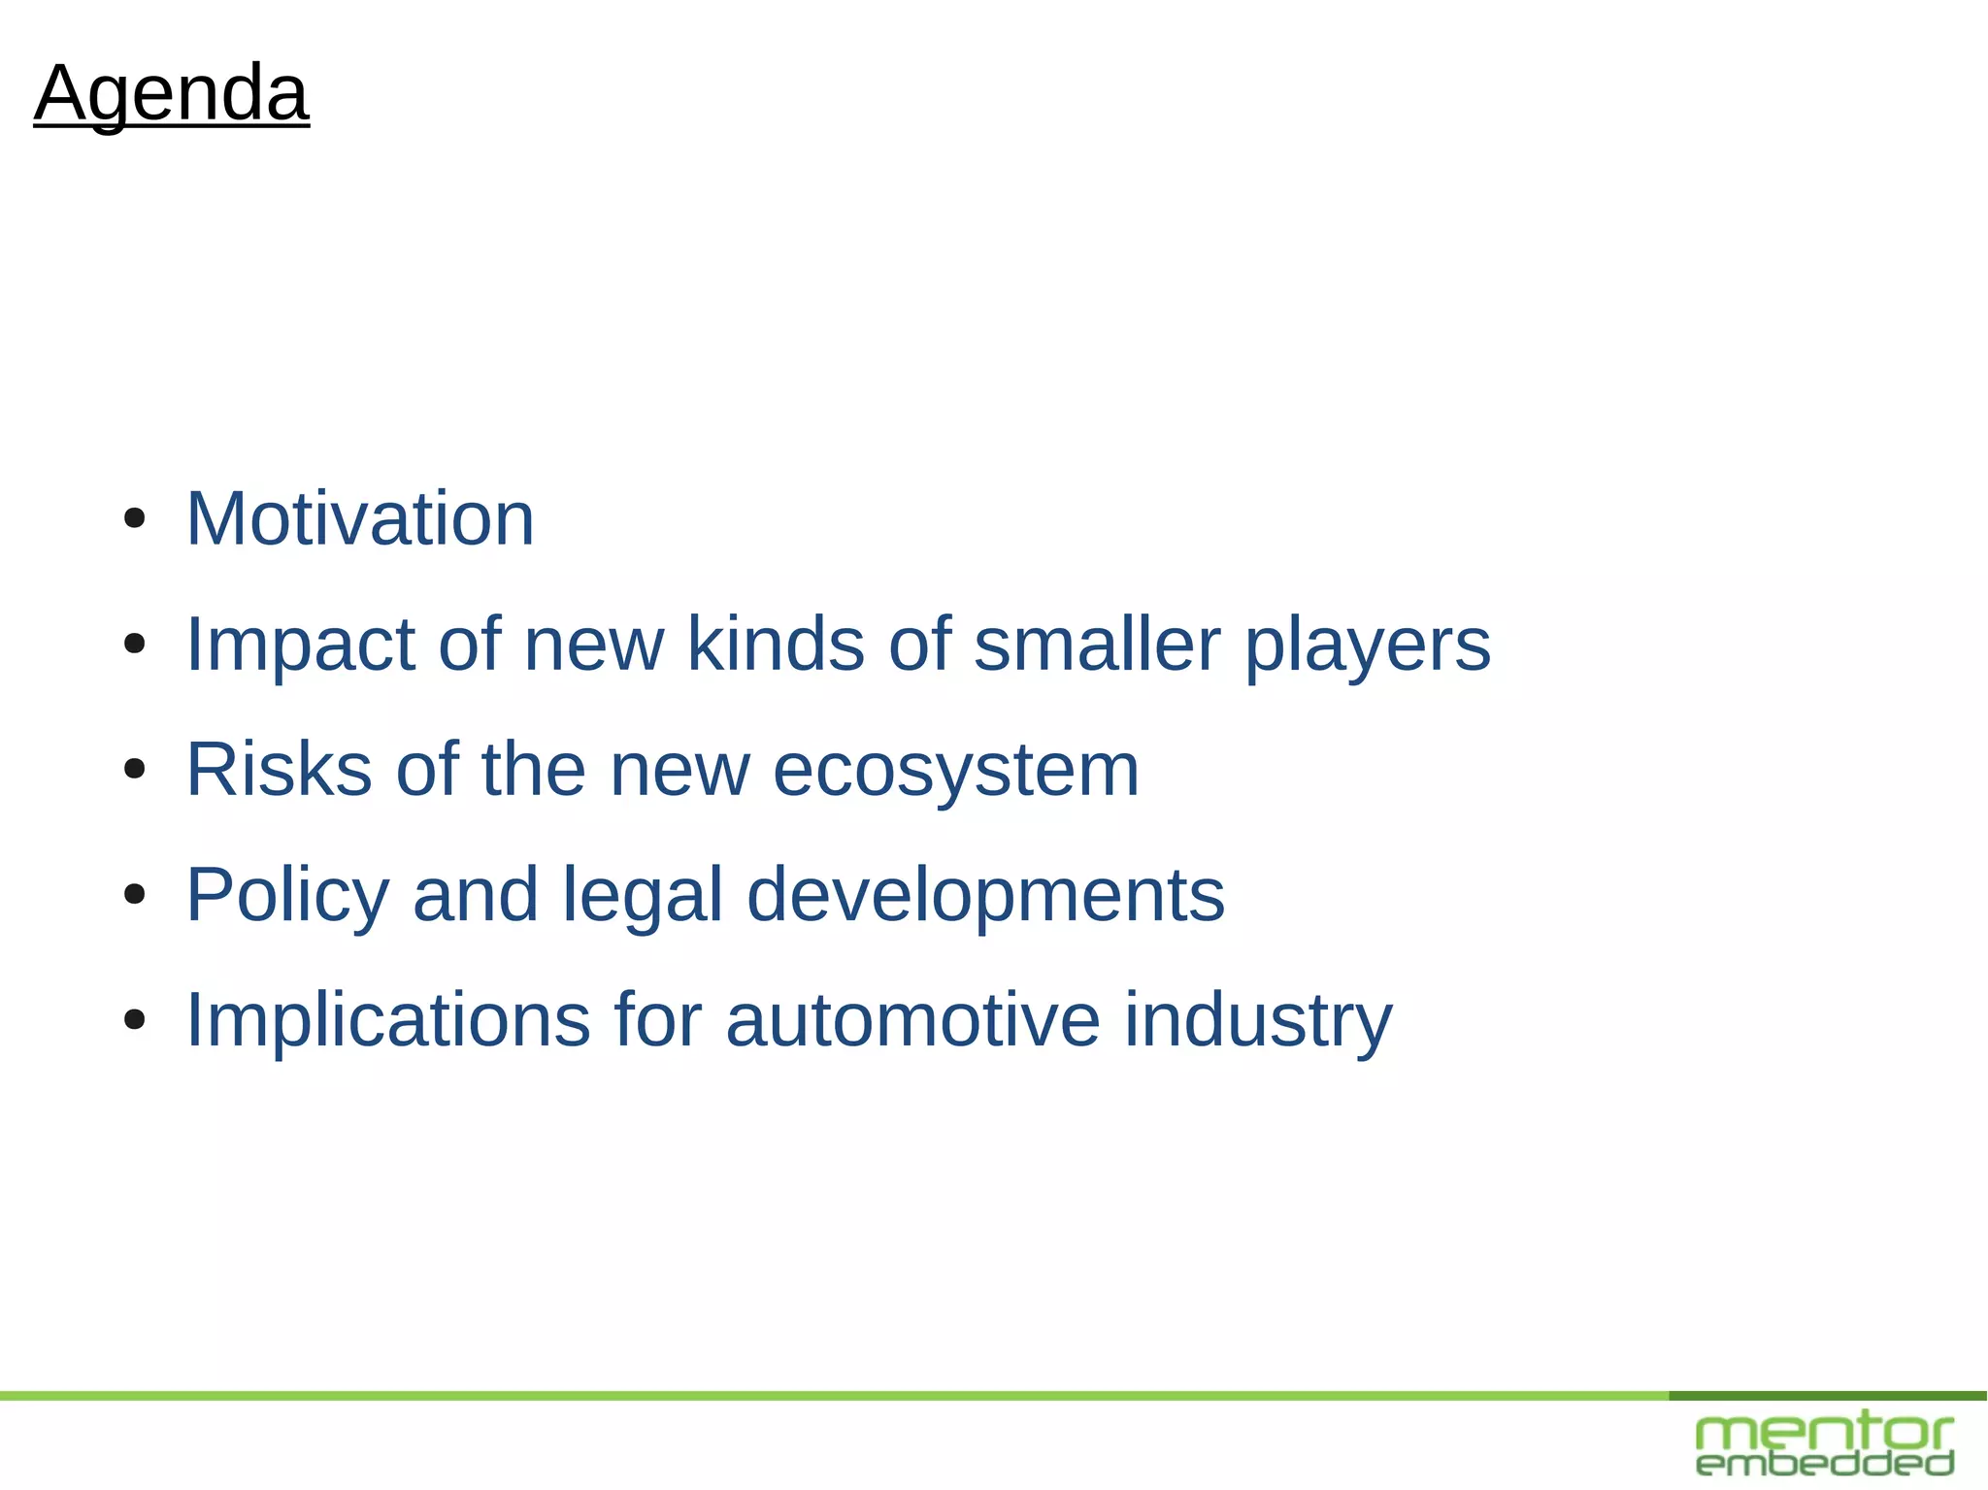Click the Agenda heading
[x=172, y=93]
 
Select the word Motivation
[x=360, y=519]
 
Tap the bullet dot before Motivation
[x=135, y=518]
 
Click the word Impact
[x=300, y=645]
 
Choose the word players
[x=1367, y=646]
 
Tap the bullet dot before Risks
[x=135, y=769]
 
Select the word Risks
[x=279, y=770]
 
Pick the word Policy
[x=287, y=895]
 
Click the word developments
[x=985, y=895]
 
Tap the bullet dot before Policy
[x=135, y=894]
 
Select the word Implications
[x=387, y=1020]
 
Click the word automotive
[x=912, y=1020]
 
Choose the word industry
[x=1258, y=1020]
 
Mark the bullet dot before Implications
[x=135, y=1019]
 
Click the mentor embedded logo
[x=1825, y=1445]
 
